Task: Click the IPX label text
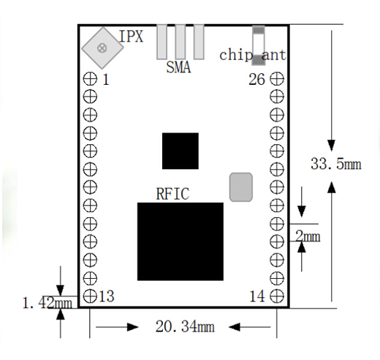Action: pos(131,37)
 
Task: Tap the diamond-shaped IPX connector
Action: pos(102,48)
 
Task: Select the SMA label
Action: pos(178,67)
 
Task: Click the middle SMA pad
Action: pos(180,42)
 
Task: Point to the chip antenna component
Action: pos(259,45)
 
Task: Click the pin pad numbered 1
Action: pos(90,79)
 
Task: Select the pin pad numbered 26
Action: pos(277,79)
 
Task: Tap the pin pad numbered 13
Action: pos(90,296)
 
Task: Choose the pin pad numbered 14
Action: pos(277,296)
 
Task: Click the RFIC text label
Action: pos(172,194)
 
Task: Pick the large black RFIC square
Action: pos(180,241)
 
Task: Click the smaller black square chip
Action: pos(180,151)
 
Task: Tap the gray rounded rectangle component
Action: pos(241,187)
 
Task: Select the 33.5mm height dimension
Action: pos(336,164)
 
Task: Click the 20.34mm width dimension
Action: pos(185,326)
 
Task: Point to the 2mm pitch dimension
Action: pos(308,236)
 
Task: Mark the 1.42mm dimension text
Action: pos(47,303)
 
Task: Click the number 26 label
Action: pos(256,79)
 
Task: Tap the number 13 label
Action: pos(107,296)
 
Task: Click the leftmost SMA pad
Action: pos(161,42)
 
